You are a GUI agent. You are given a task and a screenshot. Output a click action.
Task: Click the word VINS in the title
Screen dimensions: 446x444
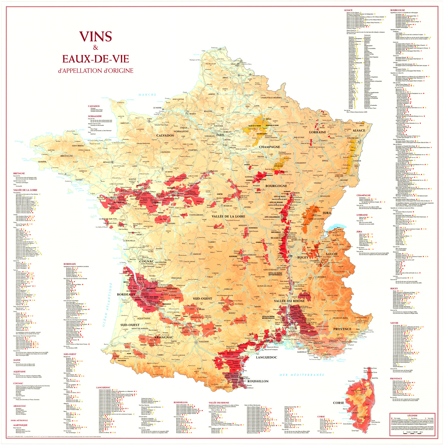tap(95, 37)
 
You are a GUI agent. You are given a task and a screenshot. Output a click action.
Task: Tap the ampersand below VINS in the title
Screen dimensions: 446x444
tap(95, 48)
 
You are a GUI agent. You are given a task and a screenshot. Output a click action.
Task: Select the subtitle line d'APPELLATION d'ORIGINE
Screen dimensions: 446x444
tap(96, 71)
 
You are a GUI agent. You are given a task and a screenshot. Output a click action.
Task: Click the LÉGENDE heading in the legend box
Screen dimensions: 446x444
tap(412, 415)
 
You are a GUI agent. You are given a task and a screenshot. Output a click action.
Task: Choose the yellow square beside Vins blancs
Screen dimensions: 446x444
tap(410, 418)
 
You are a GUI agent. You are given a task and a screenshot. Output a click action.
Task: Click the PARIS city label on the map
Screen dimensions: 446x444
tap(220, 135)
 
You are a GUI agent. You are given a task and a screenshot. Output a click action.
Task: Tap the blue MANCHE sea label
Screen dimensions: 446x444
tap(147, 95)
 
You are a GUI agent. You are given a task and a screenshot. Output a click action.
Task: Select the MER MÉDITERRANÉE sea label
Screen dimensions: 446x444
tap(301, 375)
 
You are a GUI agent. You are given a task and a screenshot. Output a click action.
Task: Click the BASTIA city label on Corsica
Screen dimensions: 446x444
tap(375, 378)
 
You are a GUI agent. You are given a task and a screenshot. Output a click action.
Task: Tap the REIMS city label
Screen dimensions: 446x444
tap(269, 119)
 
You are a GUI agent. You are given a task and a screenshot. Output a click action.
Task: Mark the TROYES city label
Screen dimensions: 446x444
tap(260, 157)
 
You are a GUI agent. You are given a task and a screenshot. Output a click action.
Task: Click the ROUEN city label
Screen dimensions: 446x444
tap(193, 114)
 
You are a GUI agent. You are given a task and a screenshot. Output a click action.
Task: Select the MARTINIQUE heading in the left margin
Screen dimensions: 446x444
tap(20, 425)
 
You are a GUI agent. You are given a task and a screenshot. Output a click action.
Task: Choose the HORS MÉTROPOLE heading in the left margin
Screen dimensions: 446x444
tap(19, 420)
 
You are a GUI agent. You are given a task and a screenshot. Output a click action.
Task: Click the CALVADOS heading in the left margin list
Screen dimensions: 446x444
tap(94, 106)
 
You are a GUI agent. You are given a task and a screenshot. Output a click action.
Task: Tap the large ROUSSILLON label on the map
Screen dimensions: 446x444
tap(258, 381)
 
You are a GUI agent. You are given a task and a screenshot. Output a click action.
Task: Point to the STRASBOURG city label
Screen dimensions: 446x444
tap(353, 138)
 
